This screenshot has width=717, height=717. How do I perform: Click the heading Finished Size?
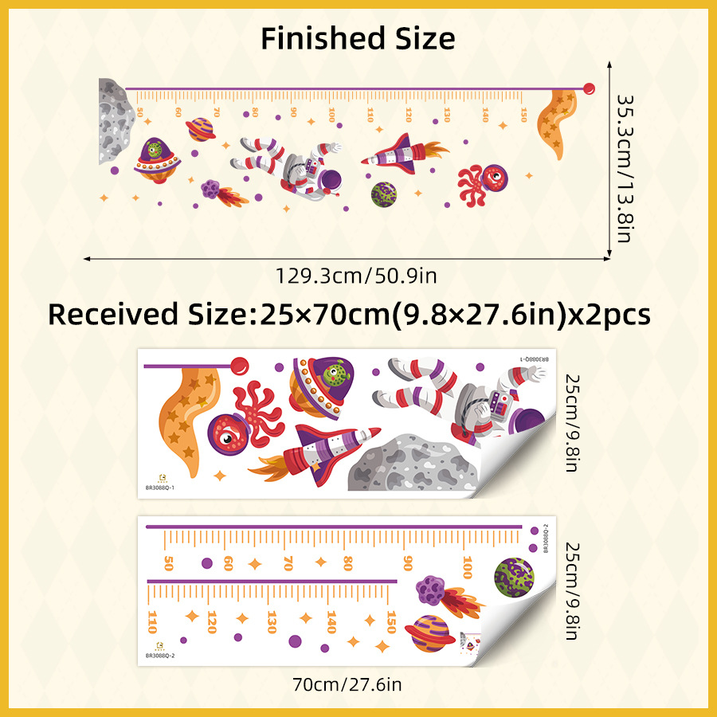pos(358,38)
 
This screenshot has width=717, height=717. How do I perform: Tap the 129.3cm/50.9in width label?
pos(356,276)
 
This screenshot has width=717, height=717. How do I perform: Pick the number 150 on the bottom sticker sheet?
pos(391,621)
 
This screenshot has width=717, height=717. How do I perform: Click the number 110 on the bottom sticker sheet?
pos(152,620)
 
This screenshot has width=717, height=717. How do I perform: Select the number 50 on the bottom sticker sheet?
pos(168,563)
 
